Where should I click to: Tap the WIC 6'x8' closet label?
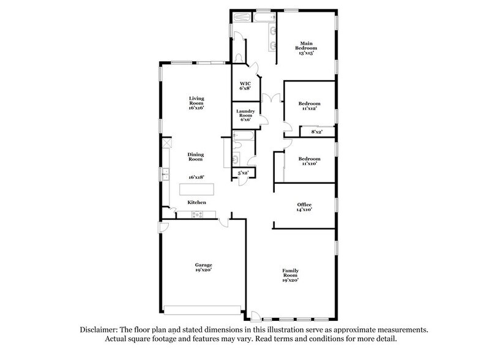(x=244, y=85)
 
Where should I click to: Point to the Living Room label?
(x=196, y=103)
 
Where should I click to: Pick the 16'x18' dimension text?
(x=196, y=177)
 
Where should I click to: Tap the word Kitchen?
(x=196, y=203)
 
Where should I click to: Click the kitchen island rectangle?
(x=196, y=188)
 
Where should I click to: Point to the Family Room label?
(x=290, y=274)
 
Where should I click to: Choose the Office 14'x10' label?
(x=304, y=207)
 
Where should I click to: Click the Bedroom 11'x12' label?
(x=309, y=107)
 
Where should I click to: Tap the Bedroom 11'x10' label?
(x=309, y=162)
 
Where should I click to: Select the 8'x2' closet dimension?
(x=317, y=132)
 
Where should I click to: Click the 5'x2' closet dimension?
(x=243, y=174)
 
